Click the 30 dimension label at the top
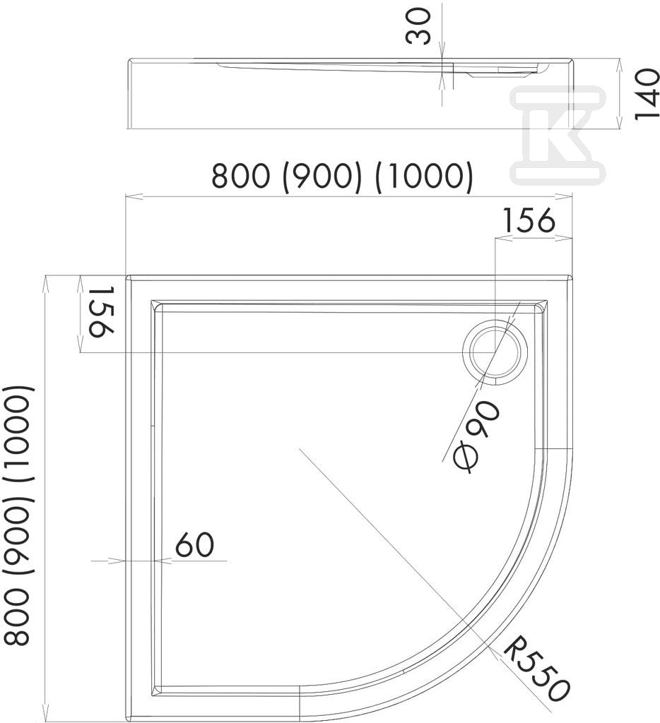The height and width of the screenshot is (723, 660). click(418, 27)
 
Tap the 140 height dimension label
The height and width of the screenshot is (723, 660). click(647, 94)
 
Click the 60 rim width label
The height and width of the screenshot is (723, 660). click(194, 544)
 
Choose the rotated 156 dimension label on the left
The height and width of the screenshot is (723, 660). click(100, 311)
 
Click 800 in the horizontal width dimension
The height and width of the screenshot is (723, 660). click(240, 176)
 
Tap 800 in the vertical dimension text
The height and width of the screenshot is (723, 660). click(18, 617)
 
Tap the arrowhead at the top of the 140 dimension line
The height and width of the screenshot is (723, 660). click(618, 64)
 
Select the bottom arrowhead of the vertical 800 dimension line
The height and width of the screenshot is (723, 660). click(45, 716)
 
